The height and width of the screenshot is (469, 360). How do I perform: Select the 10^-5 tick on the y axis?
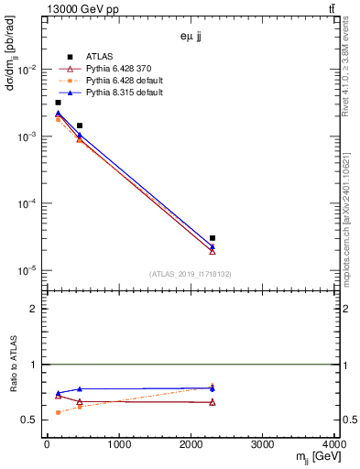(27, 270)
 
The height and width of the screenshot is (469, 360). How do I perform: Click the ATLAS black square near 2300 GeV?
(213, 238)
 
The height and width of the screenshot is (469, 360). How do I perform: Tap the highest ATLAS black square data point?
(58, 103)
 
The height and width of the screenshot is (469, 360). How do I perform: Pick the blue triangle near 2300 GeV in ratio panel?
(213, 388)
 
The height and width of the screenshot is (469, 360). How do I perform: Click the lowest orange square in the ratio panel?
(58, 412)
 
